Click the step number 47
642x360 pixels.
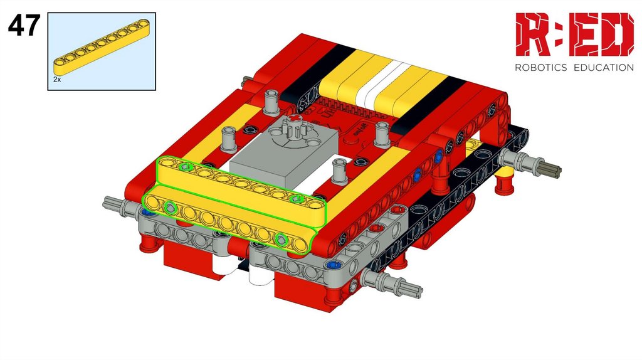click(24, 25)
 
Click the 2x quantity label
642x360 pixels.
click(57, 80)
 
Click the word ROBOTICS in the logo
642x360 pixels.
click(540, 67)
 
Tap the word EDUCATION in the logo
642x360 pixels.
click(604, 67)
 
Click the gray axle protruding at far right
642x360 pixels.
click(533, 163)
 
